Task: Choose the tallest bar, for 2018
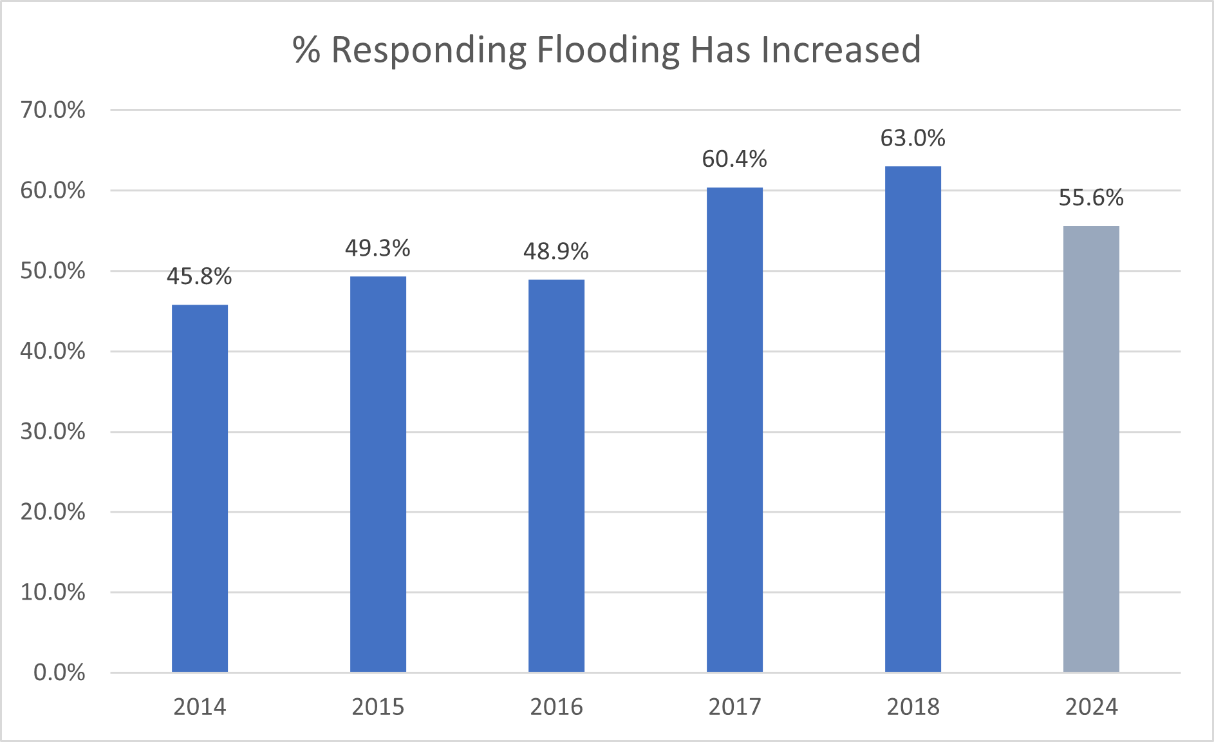(x=913, y=419)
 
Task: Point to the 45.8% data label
(x=200, y=276)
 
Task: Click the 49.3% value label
(x=378, y=248)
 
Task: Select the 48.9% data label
(x=556, y=251)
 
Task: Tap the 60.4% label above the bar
(x=734, y=159)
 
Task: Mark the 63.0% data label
(x=913, y=138)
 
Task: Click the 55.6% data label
(x=1091, y=198)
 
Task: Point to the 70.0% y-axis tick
(x=53, y=110)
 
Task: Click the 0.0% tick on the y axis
(x=59, y=673)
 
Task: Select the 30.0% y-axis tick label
(x=53, y=432)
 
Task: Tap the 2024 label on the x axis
(x=1091, y=707)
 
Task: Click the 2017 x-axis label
(x=734, y=707)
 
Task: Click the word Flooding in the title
(x=608, y=50)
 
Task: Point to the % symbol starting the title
(x=306, y=50)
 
